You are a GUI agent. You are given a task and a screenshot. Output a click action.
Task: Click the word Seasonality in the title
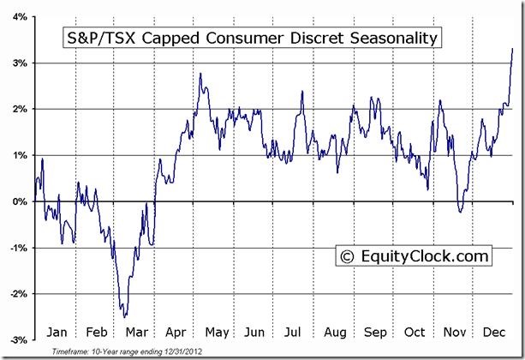[393, 39]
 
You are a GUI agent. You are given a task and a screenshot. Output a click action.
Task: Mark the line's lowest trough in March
[125, 317]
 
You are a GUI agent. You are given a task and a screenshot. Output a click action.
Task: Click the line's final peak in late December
[512, 49]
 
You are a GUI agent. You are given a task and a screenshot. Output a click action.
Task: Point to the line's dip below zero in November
[460, 211]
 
